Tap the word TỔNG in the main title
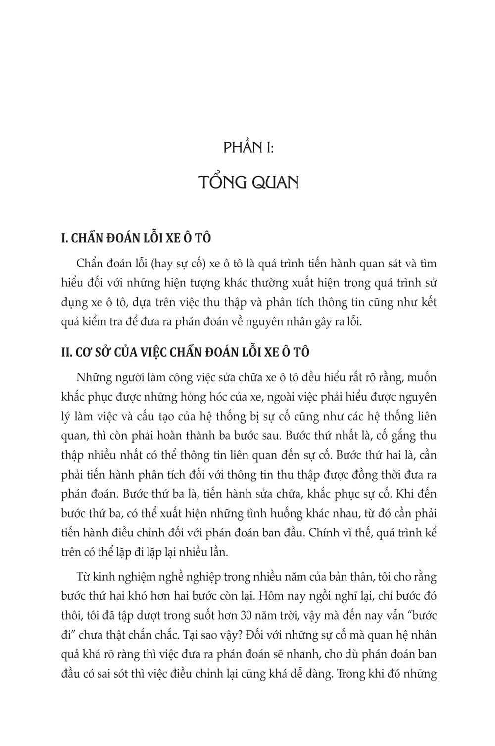click(221, 182)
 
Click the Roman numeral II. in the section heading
click(66, 352)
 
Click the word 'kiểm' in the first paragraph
click(97, 321)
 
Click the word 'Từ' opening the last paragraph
click(83, 577)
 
